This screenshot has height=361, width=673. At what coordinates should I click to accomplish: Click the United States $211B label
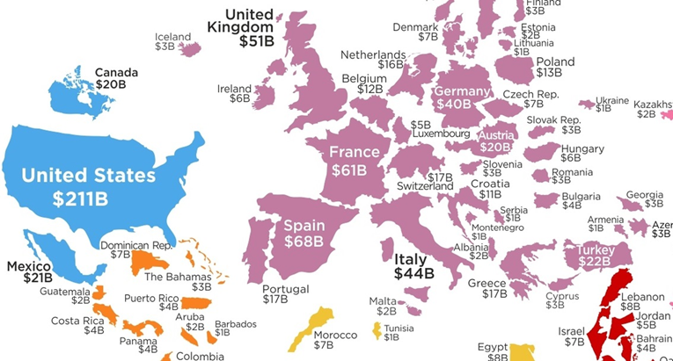click(x=88, y=187)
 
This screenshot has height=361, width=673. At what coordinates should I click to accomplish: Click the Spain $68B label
click(x=304, y=235)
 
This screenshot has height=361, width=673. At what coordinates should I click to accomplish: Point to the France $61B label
click(x=354, y=161)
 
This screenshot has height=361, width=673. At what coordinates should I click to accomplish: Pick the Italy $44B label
click(x=413, y=266)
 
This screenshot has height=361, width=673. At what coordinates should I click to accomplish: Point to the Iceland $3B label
click(x=172, y=42)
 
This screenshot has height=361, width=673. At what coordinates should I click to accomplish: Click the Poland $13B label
click(x=555, y=68)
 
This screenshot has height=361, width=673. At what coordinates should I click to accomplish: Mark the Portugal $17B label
click(x=286, y=294)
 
